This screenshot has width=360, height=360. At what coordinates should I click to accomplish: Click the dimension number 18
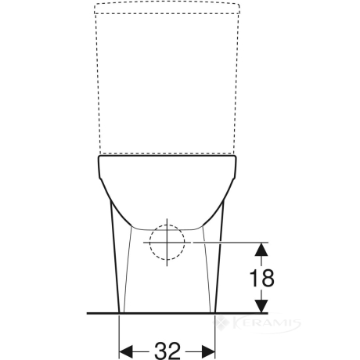[261, 278]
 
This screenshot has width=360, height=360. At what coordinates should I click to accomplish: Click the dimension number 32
[167, 351]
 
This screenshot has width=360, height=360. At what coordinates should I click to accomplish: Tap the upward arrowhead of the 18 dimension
[261, 249]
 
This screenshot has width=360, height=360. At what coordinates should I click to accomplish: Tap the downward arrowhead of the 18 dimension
[261, 306]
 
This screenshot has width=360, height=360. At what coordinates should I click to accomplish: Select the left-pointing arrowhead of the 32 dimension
[126, 351]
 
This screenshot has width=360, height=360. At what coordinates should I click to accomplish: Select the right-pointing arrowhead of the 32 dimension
[208, 351]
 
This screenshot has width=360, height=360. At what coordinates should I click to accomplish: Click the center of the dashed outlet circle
[167, 243]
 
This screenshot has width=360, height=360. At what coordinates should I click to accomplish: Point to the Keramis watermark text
[265, 323]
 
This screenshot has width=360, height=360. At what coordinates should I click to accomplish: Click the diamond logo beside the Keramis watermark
[221, 323]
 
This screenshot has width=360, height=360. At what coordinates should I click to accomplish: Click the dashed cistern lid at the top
[167, 8]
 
